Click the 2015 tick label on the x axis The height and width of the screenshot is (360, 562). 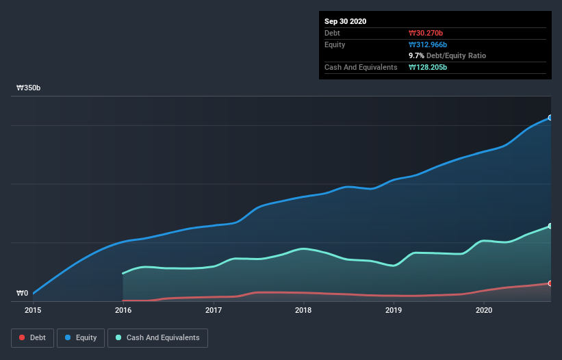(x=33, y=311)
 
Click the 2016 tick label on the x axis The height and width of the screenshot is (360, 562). (x=123, y=311)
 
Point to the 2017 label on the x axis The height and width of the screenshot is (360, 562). (x=214, y=311)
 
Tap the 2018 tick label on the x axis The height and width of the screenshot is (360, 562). (x=303, y=311)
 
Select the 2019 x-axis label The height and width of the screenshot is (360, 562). (x=394, y=311)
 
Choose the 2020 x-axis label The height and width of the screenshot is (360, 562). (x=484, y=311)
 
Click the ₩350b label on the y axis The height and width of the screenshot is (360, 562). (x=29, y=88)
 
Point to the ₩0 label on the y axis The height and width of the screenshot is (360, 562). (x=23, y=294)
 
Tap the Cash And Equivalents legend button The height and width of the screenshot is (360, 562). (x=157, y=337)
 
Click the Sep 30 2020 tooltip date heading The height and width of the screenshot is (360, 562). (x=346, y=21)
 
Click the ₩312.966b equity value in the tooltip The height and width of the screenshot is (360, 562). (x=430, y=44)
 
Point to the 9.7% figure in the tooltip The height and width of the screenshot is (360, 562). (x=416, y=55)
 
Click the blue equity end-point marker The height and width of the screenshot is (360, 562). (x=550, y=118)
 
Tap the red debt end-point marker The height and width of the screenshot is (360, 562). (x=550, y=283)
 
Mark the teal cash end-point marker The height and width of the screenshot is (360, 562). (x=550, y=226)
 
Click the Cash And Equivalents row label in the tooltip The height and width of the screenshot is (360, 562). (x=361, y=67)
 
